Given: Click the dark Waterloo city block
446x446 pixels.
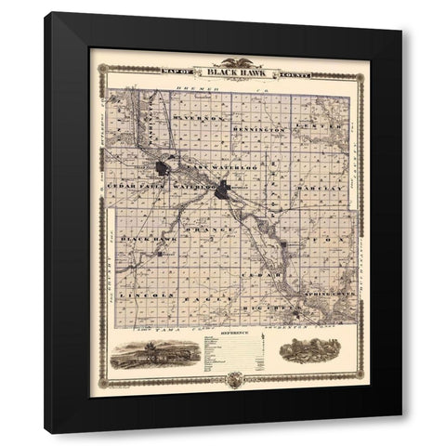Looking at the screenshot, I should [x=224, y=192].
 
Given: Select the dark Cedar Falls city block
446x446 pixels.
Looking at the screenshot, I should [x=164, y=170].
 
